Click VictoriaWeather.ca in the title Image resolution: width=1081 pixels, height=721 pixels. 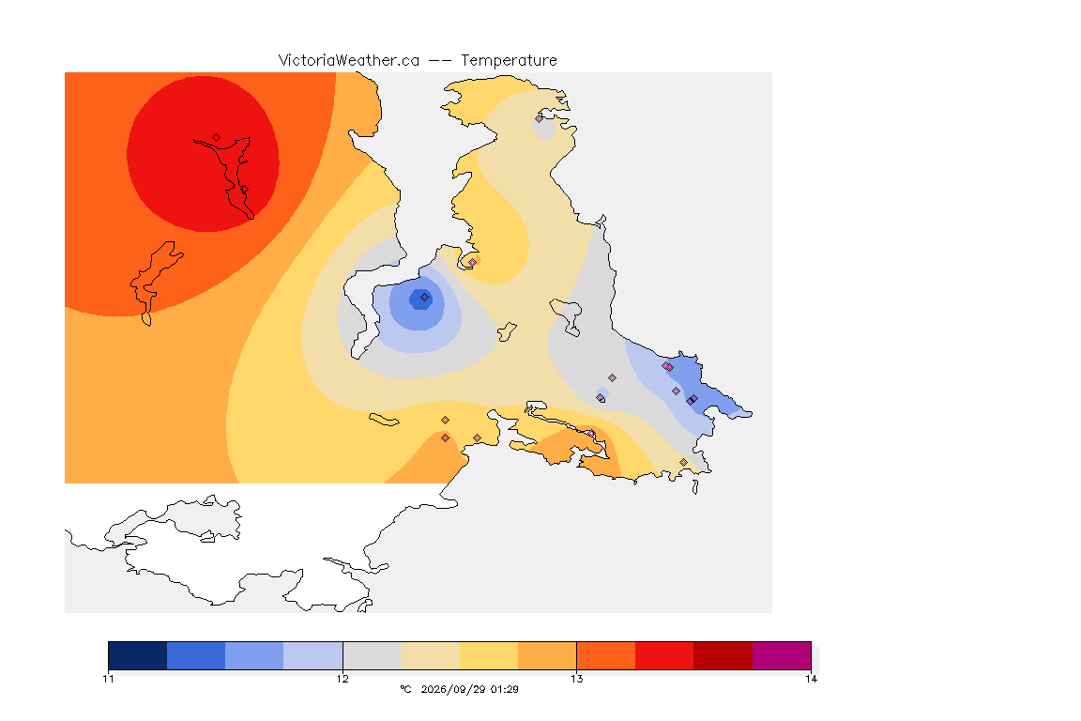[349, 61]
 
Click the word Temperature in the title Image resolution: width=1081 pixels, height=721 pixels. [509, 61]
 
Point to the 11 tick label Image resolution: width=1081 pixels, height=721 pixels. [108, 679]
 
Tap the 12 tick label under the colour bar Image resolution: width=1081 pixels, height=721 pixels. [343, 679]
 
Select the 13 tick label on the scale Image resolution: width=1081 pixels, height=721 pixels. [576, 679]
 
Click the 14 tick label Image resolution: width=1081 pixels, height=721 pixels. [811, 679]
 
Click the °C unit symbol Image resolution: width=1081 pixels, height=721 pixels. [406, 689]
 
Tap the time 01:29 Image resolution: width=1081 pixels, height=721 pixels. [505, 689]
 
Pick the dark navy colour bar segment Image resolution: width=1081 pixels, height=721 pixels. [138, 655]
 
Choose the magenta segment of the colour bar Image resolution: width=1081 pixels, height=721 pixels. [781, 655]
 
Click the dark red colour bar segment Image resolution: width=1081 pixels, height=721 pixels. [723, 655]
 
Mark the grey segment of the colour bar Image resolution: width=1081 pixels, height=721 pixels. [372, 655]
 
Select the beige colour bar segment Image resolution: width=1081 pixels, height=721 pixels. [430, 655]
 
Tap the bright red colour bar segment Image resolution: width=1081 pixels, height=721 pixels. [664, 655]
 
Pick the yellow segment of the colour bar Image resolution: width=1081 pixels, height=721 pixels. [489, 655]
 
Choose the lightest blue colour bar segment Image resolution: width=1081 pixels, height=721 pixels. [313, 655]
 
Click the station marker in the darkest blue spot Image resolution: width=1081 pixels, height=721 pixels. [425, 298]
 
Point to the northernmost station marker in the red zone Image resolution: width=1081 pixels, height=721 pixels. [217, 138]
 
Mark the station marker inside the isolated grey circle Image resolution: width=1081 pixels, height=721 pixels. [540, 118]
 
